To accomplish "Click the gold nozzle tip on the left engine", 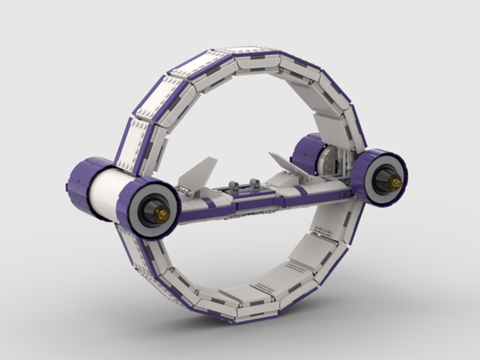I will coord(162,213).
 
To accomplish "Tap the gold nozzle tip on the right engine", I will coord(394,183).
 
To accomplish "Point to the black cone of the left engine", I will coord(153,209).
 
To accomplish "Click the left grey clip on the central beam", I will coord(235,186).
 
